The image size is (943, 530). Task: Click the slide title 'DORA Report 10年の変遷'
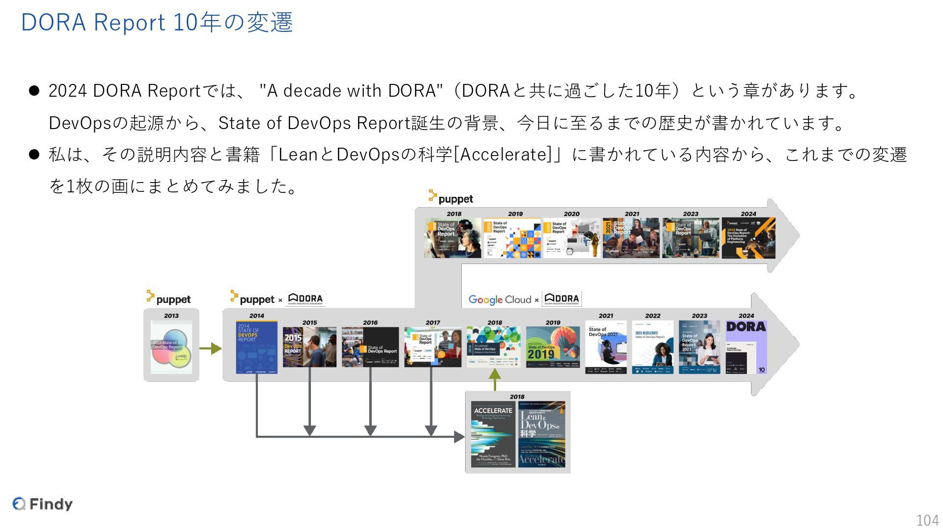pos(157,23)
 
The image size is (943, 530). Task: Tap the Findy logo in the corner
pos(43,504)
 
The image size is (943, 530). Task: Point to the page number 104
pos(927,520)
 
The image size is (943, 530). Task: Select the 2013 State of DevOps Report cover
pos(171,347)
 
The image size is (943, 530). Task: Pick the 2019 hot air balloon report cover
pos(553,347)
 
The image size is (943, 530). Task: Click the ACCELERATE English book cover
pos(493,434)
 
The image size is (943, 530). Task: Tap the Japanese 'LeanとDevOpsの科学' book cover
pos(542,434)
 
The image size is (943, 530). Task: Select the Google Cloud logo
pos(499,299)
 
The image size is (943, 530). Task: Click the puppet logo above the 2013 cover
pos(168,298)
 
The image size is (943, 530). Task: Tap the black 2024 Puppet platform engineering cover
pos(748,238)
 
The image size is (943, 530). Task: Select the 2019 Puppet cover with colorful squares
pos(512,238)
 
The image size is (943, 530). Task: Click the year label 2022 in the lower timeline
pos(652,316)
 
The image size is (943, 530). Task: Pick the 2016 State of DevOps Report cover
pos(370,347)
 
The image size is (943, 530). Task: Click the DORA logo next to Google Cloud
pos(562,299)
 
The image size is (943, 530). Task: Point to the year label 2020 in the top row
pos(571,214)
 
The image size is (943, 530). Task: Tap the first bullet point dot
pos(34,91)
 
